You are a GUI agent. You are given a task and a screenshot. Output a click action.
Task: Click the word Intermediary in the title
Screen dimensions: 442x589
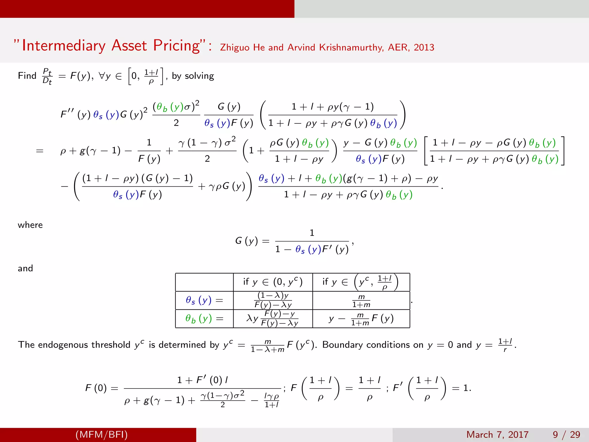pyautogui.click(x=64, y=46)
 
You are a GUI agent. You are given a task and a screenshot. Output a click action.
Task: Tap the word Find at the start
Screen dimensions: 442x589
pyautogui.click(x=27, y=76)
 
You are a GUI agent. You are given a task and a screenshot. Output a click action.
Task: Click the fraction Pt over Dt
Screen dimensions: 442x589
pyautogui.click(x=47, y=76)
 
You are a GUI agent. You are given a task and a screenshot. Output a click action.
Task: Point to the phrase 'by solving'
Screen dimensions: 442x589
pyautogui.click(x=193, y=76)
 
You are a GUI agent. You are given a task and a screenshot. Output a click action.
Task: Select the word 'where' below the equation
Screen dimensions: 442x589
pyautogui.click(x=30, y=225)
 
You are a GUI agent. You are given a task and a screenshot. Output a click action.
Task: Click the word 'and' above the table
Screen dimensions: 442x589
pyautogui.click(x=25, y=268)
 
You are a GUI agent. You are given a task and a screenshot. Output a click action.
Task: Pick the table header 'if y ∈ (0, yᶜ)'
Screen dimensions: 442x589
pyautogui.click(x=273, y=282)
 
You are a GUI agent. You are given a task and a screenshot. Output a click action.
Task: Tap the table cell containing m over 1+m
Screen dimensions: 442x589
pyautogui.click(x=361, y=301)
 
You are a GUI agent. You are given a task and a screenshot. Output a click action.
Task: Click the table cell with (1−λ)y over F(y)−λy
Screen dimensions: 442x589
pyautogui.click(x=273, y=300)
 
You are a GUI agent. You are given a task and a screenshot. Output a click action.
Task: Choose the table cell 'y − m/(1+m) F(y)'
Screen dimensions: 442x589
pyautogui.click(x=361, y=319)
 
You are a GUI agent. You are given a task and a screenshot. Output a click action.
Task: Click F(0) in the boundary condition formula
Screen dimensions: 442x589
pyautogui.click(x=96, y=388)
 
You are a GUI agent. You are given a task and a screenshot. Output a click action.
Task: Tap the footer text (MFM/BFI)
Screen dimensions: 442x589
pyautogui.click(x=102, y=435)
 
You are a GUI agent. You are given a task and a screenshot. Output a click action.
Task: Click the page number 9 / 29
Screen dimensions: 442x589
pyautogui.click(x=566, y=435)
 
